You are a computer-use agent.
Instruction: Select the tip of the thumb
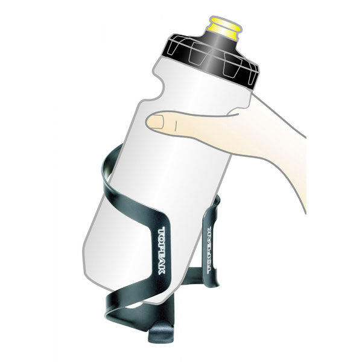(149, 124)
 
